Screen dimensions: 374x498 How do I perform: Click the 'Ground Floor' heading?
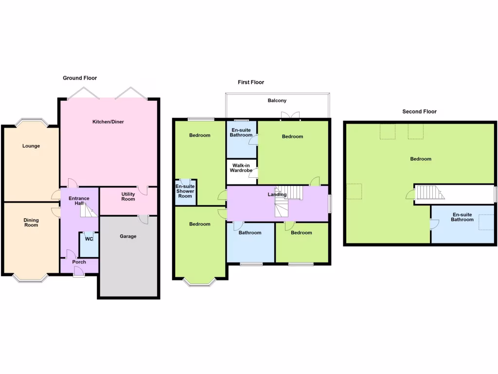coord(80,78)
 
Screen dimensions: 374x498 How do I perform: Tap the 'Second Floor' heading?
coord(419,112)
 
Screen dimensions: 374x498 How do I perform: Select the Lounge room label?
coord(31,146)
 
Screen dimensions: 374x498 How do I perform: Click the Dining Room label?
coord(31,223)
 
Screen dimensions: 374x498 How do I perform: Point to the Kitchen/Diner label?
coord(108,122)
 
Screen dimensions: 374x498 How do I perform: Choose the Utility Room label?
coord(128,197)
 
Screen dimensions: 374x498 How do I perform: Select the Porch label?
coord(79,262)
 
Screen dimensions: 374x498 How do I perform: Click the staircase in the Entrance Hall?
coord(89,210)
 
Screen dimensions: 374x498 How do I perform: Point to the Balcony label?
coord(277,101)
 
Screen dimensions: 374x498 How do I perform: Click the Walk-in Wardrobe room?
coord(242,168)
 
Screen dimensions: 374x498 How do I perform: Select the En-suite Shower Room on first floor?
coord(185,191)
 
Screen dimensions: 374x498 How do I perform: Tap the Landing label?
coord(277,195)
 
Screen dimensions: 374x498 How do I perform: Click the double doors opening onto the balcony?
coord(289,116)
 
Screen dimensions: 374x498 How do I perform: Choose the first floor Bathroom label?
coord(250,233)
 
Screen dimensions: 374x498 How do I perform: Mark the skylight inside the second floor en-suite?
coord(486,222)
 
